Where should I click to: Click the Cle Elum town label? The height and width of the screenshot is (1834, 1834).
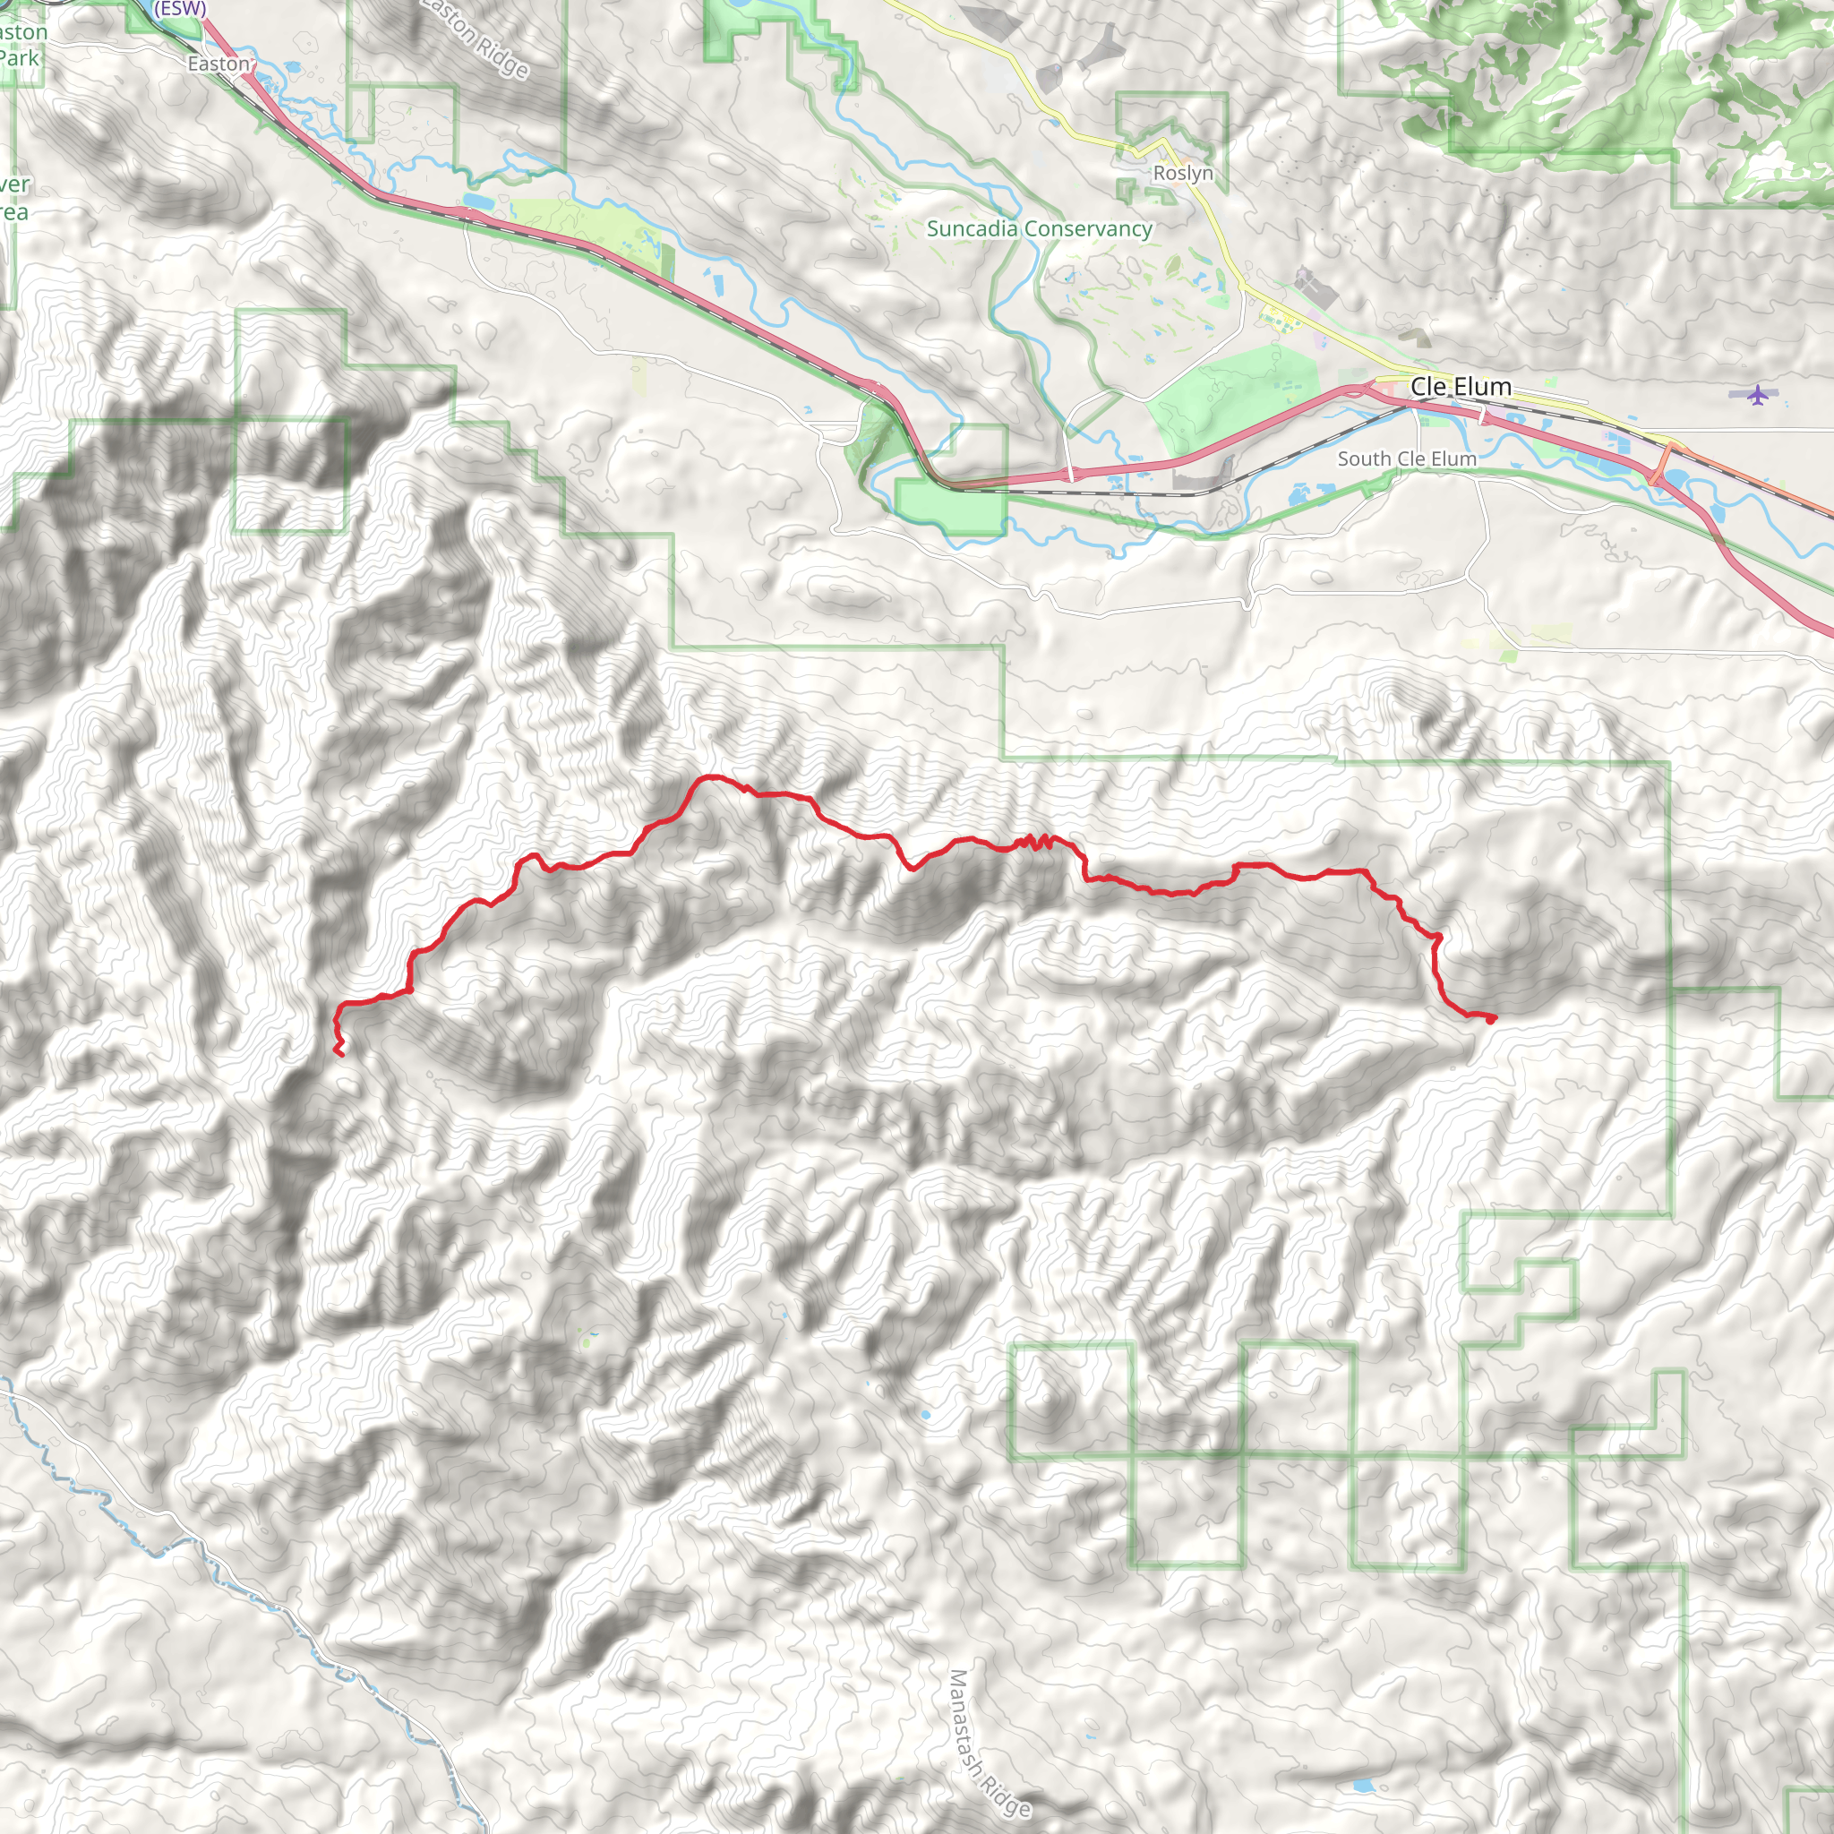(x=1460, y=386)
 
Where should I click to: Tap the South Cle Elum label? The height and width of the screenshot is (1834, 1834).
(x=1407, y=458)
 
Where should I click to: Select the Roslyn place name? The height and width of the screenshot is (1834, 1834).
(x=1183, y=173)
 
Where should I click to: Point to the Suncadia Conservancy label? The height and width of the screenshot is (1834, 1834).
(x=1040, y=228)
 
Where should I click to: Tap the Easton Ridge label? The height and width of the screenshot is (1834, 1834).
(x=475, y=38)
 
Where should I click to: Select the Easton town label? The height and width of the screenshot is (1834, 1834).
(x=219, y=64)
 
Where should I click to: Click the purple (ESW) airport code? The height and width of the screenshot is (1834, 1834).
(x=180, y=7)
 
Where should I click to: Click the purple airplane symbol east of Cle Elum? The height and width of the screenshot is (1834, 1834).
(x=1758, y=394)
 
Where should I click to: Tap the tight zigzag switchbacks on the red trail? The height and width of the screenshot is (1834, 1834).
(x=1034, y=841)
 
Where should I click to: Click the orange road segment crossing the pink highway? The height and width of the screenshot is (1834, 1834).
(x=1660, y=464)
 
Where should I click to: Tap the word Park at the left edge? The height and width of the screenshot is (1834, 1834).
(x=19, y=58)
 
